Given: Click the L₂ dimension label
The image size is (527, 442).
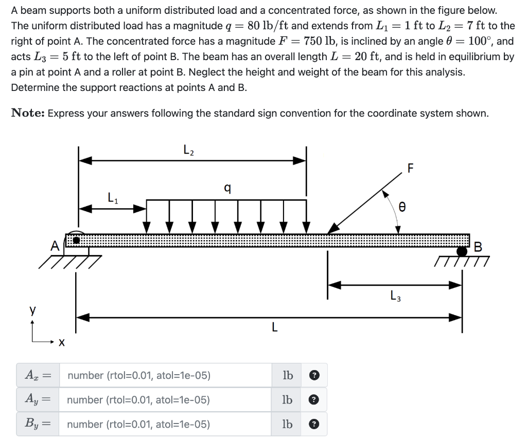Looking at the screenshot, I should (x=188, y=151).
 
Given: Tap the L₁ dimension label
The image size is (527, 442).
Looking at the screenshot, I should (x=113, y=197).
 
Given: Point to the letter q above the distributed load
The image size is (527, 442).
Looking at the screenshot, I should (x=227, y=189).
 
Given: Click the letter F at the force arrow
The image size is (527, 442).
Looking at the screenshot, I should (x=410, y=168).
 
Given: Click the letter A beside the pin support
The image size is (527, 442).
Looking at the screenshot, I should (x=55, y=246).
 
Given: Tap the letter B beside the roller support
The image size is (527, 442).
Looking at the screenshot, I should (x=477, y=247).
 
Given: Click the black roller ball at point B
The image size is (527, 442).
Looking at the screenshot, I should (x=462, y=251).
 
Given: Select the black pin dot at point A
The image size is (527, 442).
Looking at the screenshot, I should (x=76, y=240).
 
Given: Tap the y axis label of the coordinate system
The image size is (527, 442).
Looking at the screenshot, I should (x=32, y=311).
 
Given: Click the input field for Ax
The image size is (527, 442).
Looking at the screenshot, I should (x=165, y=375).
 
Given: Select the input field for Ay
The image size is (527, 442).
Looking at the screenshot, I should (x=165, y=400).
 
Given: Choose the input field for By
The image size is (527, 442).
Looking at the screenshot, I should (x=165, y=425).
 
